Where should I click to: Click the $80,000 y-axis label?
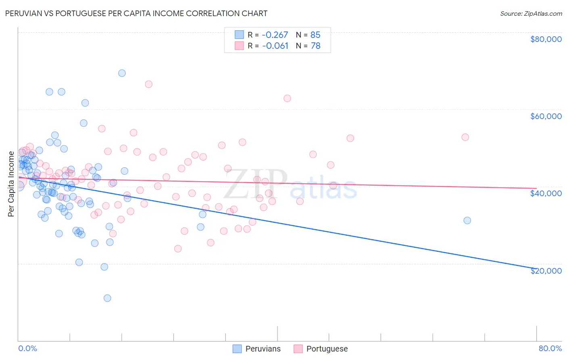tap(546, 39)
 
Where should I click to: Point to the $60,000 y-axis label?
tap(546, 116)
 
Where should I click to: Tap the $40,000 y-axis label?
tap(546, 193)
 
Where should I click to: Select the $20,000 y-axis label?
tap(546, 271)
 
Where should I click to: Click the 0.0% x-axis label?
tap(27, 348)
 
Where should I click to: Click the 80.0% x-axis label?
tap(550, 348)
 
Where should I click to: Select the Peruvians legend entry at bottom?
tap(257, 349)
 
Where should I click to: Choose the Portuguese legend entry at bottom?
tap(321, 349)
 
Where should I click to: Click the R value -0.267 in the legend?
tap(275, 35)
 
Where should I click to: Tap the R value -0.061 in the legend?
tap(275, 46)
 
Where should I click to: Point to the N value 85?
tap(315, 35)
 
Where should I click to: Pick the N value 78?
tap(315, 46)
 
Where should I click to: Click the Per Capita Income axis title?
tap(11, 184)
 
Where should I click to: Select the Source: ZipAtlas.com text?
tap(531, 14)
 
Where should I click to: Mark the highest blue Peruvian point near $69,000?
tap(122, 73)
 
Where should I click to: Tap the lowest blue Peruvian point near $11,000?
tap(107, 298)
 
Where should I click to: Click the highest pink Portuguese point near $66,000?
tap(148, 84)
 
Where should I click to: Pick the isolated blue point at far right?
tap(467, 220)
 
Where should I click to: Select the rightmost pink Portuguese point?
tap(465, 137)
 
